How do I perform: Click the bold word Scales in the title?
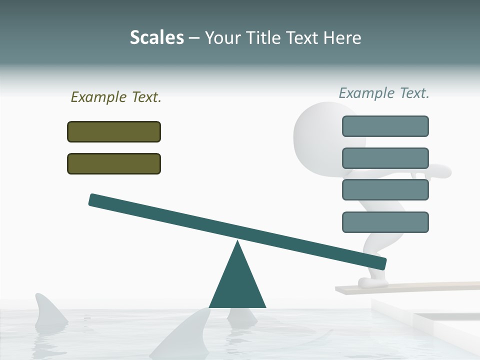coord(156,37)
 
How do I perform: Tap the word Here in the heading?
coord(342,37)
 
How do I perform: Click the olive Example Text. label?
coord(116,97)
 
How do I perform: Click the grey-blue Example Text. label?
coord(384,93)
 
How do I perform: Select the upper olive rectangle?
coord(114,131)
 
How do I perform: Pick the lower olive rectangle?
coord(114,163)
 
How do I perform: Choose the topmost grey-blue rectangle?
coord(385,126)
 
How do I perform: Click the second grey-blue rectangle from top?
coord(385,158)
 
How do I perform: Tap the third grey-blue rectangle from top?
coord(385,190)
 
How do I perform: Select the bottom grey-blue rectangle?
coord(385,222)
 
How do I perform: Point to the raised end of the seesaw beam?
coord(95,200)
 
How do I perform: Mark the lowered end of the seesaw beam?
coord(380,263)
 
